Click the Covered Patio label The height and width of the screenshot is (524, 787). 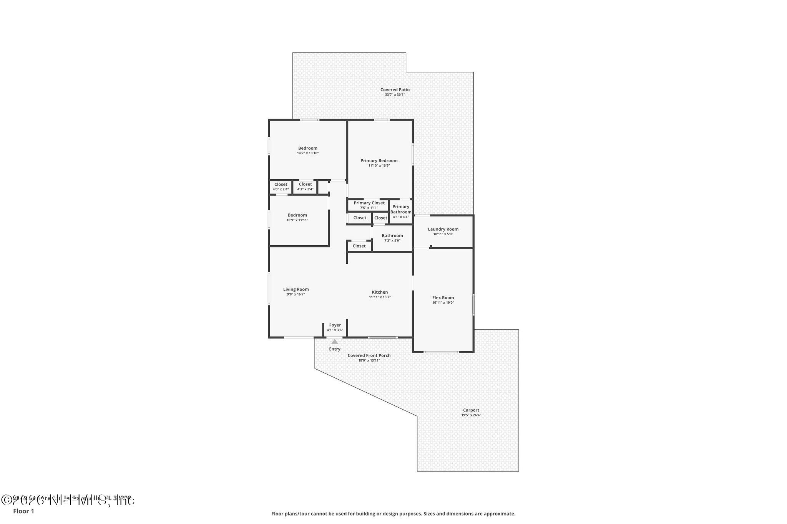tap(395, 89)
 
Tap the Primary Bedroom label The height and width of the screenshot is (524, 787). tap(379, 160)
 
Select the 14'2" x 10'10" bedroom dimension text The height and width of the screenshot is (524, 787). tap(308, 153)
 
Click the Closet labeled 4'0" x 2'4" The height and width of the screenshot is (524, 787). tap(281, 187)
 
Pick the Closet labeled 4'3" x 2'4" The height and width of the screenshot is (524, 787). tap(305, 187)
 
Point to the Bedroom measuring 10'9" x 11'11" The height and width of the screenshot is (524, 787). tap(297, 217)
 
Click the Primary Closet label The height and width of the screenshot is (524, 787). tap(369, 203)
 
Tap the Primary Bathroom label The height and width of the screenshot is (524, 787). tap(401, 209)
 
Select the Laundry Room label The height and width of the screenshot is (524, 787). tap(443, 229)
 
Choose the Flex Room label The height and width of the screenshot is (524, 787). tap(443, 298)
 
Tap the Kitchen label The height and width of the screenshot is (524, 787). tap(380, 292)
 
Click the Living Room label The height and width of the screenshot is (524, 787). tap(296, 289)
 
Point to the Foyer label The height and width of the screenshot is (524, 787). tap(335, 325)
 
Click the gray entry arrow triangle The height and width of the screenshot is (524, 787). tap(335, 342)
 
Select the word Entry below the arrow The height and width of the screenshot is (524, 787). tap(335, 349)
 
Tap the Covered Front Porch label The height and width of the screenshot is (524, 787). tap(369, 355)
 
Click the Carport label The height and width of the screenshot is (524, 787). tap(471, 410)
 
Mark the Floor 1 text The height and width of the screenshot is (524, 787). tap(23, 511)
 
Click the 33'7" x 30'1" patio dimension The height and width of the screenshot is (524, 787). tap(395, 94)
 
